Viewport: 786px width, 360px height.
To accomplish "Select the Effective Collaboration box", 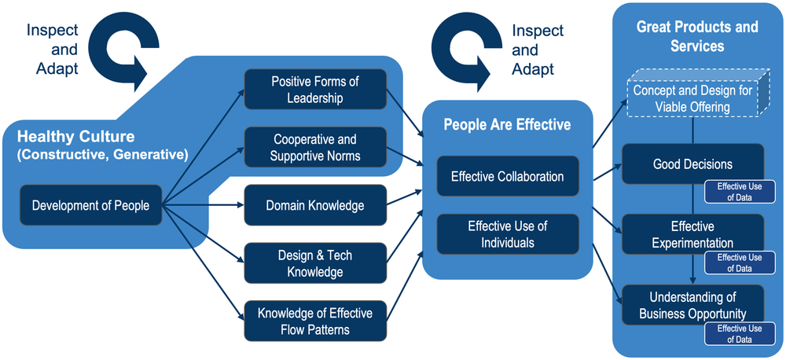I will pyautogui.click(x=507, y=177).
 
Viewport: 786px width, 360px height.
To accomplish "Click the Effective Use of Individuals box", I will pyautogui.click(x=507, y=234).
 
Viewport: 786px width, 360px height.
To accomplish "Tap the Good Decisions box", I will pyautogui.click(x=692, y=164).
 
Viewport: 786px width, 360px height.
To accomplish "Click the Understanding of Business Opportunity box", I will pyautogui.click(x=692, y=305).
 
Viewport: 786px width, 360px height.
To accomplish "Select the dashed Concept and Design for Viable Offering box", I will pyautogui.click(x=692, y=98).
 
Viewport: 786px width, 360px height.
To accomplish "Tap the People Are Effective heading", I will pyautogui.click(x=507, y=124).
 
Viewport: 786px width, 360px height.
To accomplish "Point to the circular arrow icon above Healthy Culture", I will pyautogui.click(x=123, y=48).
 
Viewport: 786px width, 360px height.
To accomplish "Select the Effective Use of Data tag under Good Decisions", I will pyautogui.click(x=739, y=192).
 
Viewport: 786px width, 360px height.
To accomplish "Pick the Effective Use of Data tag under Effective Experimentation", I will pyautogui.click(x=739, y=263).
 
